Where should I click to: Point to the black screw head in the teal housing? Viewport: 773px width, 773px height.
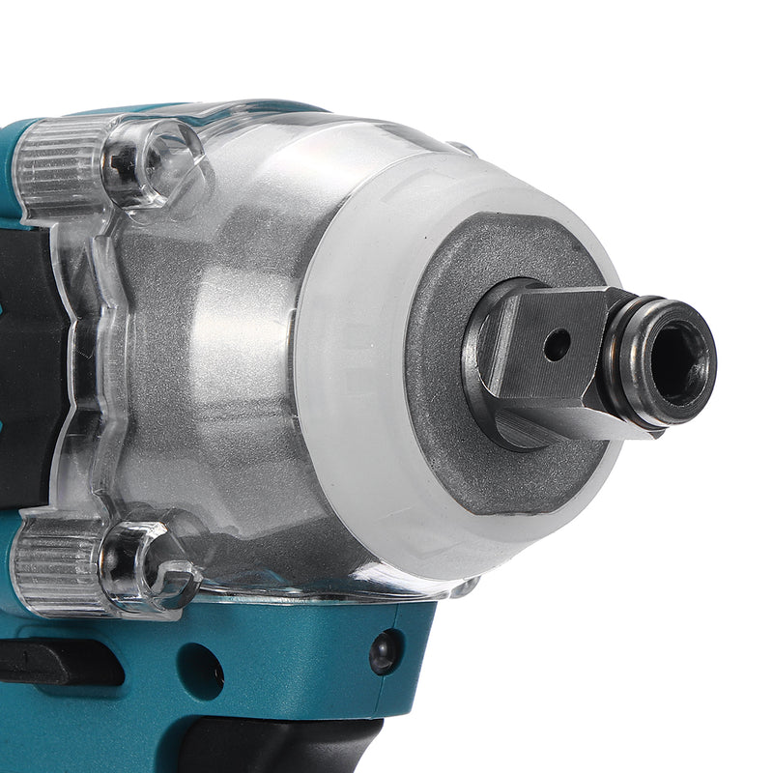click(x=385, y=652)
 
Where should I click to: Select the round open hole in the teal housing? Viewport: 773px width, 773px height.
click(x=200, y=668)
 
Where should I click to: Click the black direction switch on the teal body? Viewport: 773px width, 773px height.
click(x=58, y=663)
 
